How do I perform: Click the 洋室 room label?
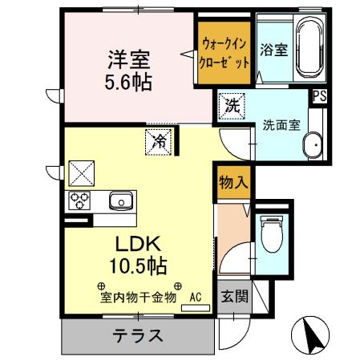coord(131,59)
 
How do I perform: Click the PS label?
coord(320,96)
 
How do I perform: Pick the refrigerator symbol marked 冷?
coord(159,142)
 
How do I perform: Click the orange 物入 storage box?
coord(233,184)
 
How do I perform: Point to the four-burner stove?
coord(80,201)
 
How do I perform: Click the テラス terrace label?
coord(137,335)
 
